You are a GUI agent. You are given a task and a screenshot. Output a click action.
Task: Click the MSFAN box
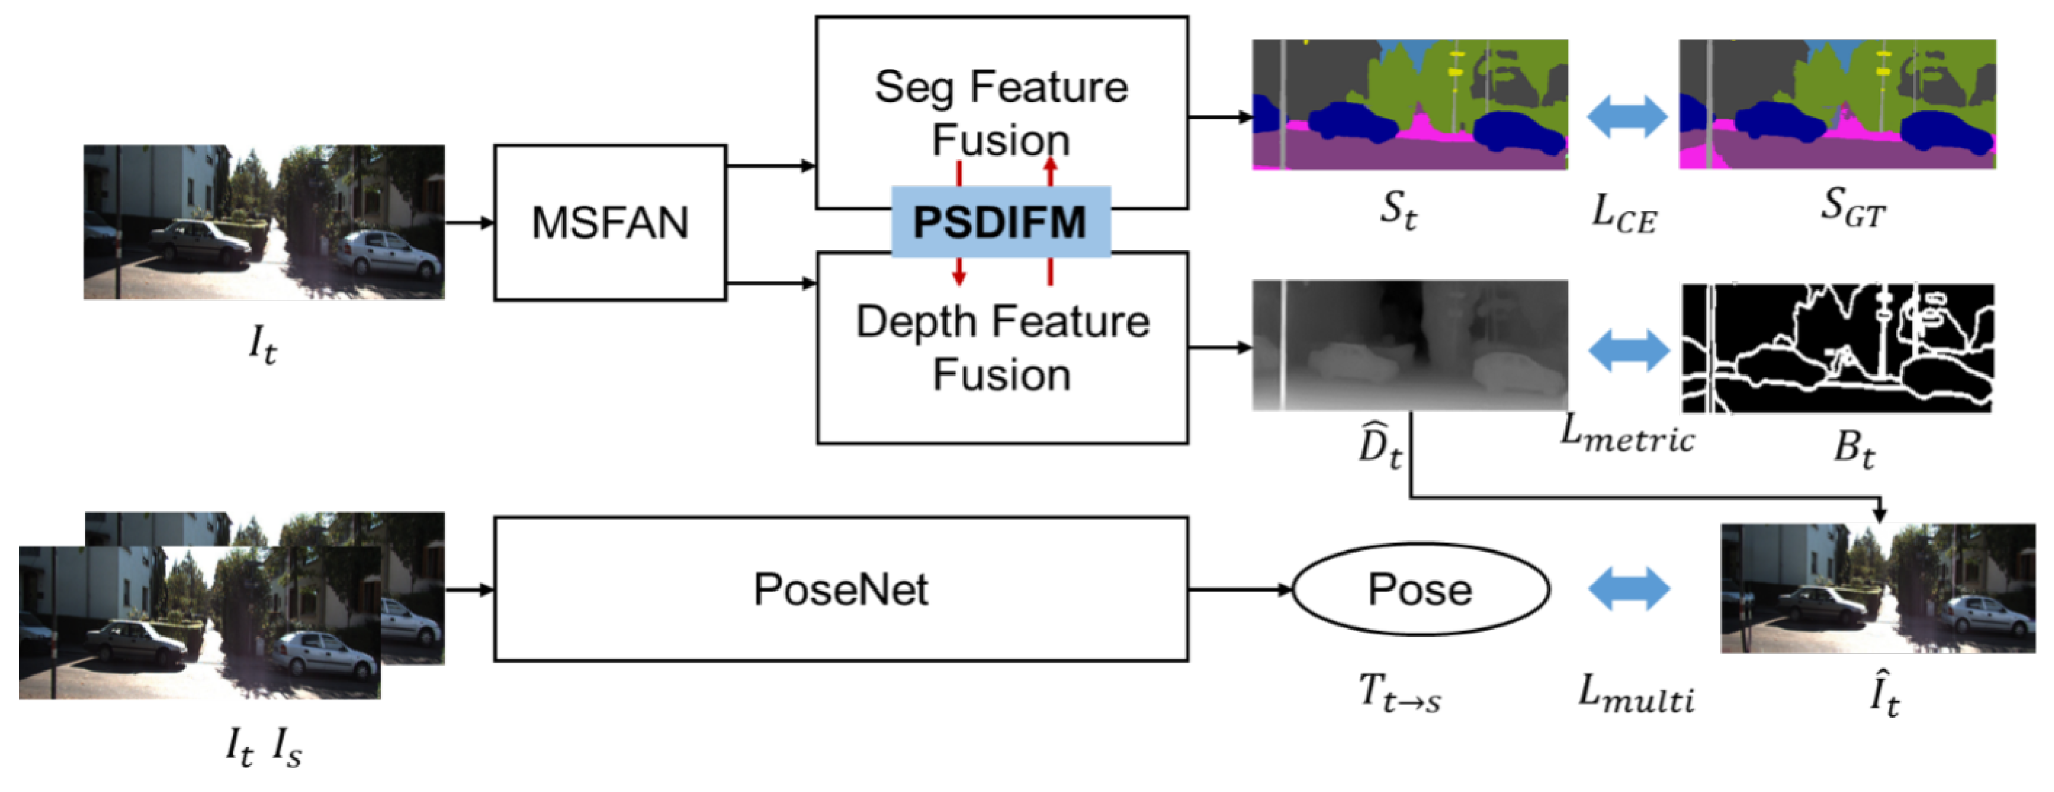click(x=609, y=223)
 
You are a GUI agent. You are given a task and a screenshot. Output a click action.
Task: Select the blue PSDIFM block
click(x=1000, y=221)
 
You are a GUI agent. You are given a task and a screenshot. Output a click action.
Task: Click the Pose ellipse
click(x=1420, y=589)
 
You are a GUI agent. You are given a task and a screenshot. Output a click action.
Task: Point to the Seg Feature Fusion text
click(x=1001, y=112)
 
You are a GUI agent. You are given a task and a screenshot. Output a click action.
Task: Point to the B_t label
click(x=1853, y=448)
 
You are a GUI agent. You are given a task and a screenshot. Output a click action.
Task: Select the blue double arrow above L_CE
click(x=1627, y=116)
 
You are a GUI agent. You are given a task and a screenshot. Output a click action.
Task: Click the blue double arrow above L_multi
click(x=1628, y=589)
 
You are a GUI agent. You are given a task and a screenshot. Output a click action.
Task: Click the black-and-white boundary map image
click(x=1837, y=348)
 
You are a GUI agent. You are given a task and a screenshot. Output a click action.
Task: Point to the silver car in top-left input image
click(x=389, y=253)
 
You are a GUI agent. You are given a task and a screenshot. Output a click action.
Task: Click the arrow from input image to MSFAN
click(x=469, y=223)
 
